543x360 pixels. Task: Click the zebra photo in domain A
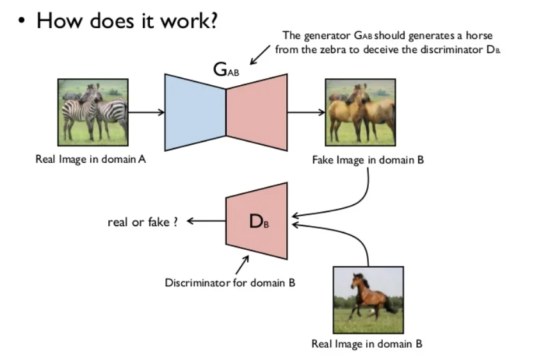(x=93, y=111)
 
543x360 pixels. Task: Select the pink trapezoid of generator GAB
(x=256, y=112)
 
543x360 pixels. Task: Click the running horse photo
(x=367, y=299)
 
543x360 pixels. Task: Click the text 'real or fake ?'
(x=142, y=222)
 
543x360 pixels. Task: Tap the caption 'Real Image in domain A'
(x=90, y=159)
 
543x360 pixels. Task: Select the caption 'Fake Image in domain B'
(x=368, y=160)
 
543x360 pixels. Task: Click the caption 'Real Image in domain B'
(x=367, y=343)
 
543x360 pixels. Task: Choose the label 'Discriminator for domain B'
(x=230, y=282)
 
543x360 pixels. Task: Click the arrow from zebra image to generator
(x=146, y=112)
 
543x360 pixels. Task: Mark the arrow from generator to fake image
(x=306, y=112)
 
